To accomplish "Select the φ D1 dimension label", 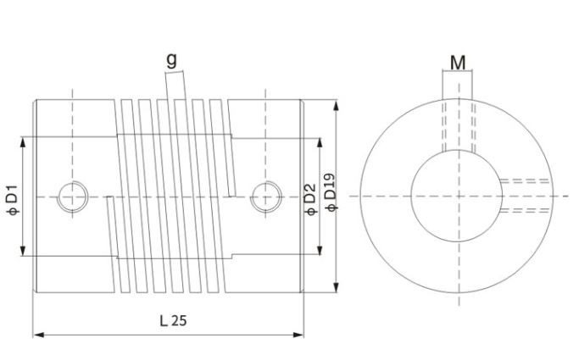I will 12,197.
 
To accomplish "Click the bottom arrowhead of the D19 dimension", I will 338,287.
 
